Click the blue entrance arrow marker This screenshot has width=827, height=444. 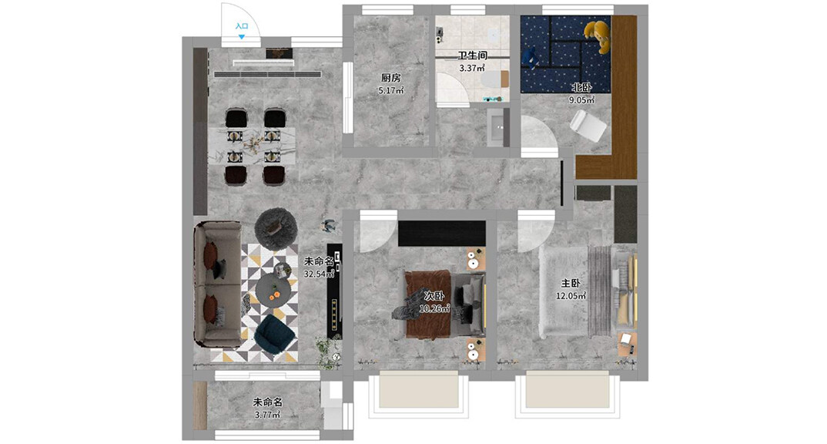(x=242, y=37)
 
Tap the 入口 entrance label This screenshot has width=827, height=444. (x=242, y=26)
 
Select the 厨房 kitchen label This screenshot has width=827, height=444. (x=391, y=78)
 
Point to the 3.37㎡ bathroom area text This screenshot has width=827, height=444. (x=471, y=68)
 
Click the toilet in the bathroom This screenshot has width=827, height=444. (x=494, y=79)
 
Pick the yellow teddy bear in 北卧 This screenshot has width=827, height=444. (x=598, y=36)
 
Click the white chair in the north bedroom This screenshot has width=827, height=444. (x=588, y=126)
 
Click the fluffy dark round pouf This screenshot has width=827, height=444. (x=276, y=228)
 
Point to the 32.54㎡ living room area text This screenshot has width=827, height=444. (x=319, y=274)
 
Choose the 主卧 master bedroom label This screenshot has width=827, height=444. (x=570, y=284)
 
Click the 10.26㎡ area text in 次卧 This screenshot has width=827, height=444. (x=434, y=308)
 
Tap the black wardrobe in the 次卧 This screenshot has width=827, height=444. (x=441, y=233)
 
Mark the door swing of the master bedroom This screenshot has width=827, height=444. (x=535, y=231)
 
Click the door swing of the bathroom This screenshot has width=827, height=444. (x=453, y=89)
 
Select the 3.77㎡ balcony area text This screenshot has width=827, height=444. (x=267, y=415)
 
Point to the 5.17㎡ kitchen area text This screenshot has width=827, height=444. (x=391, y=90)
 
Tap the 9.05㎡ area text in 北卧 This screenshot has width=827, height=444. (x=581, y=99)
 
